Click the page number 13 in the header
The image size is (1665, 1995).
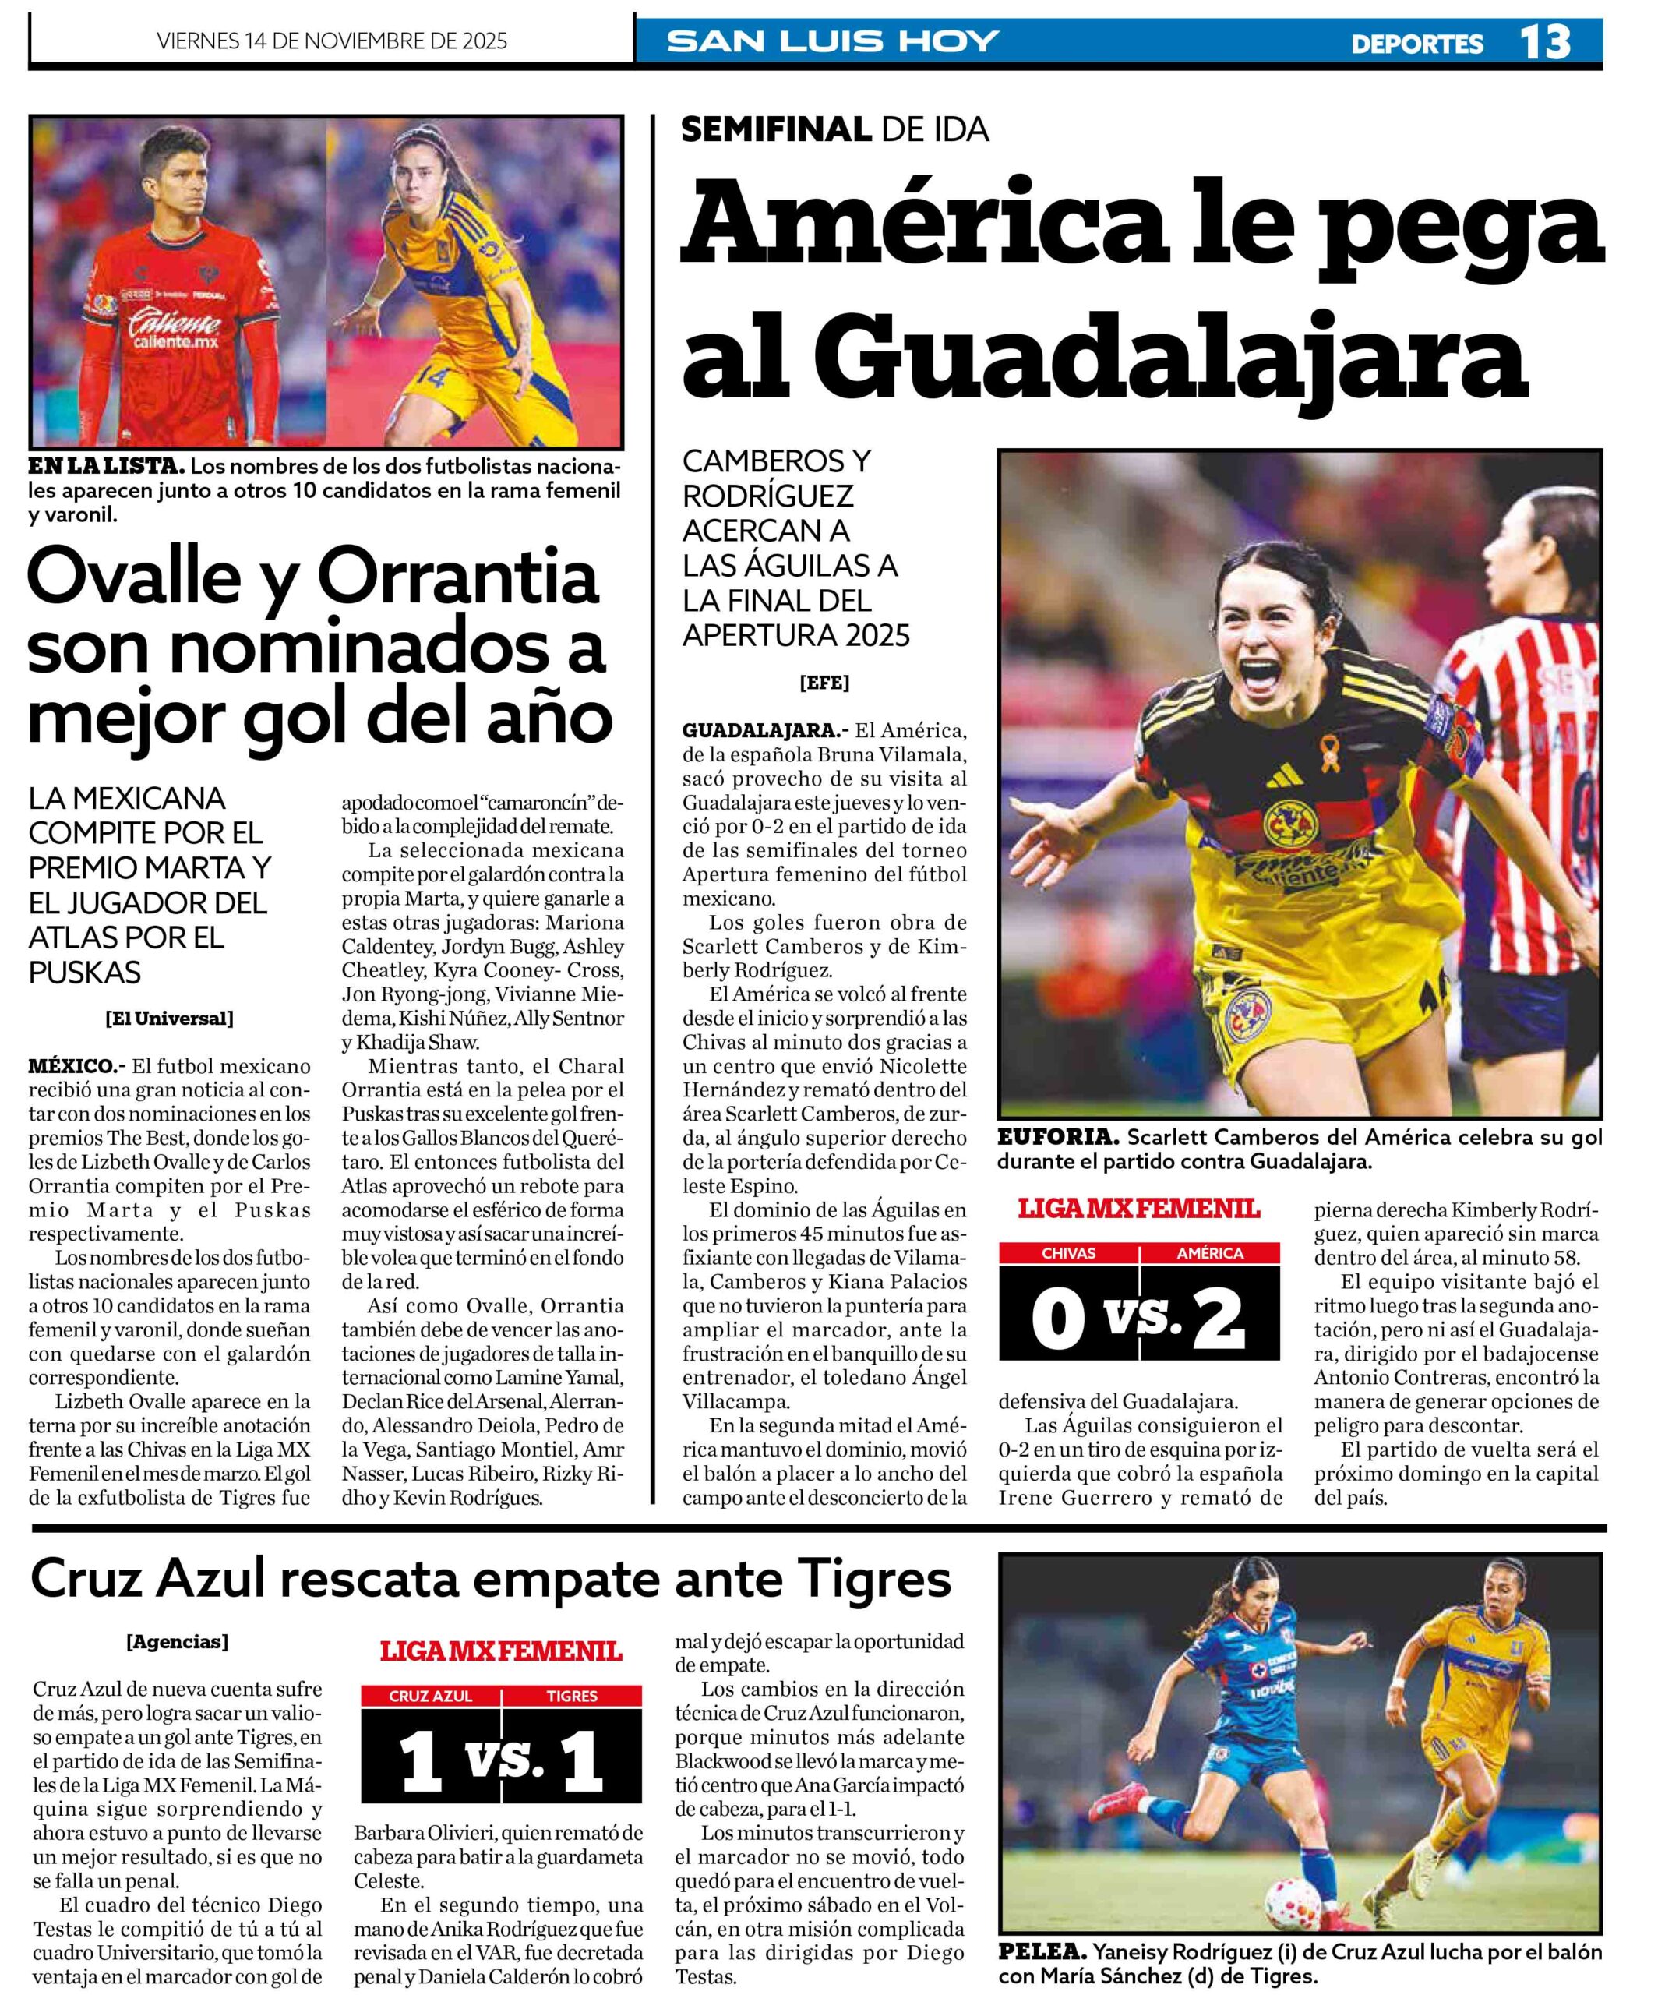point(1544,43)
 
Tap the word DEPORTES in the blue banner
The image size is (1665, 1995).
point(1416,44)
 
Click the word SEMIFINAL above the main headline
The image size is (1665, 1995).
point(775,129)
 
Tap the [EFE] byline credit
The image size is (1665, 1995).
point(824,682)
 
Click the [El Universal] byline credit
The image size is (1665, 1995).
point(169,1019)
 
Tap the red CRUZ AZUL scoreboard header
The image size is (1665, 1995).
point(430,1696)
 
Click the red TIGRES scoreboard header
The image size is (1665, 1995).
point(572,1696)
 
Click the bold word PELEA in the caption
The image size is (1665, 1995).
point(1042,1952)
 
